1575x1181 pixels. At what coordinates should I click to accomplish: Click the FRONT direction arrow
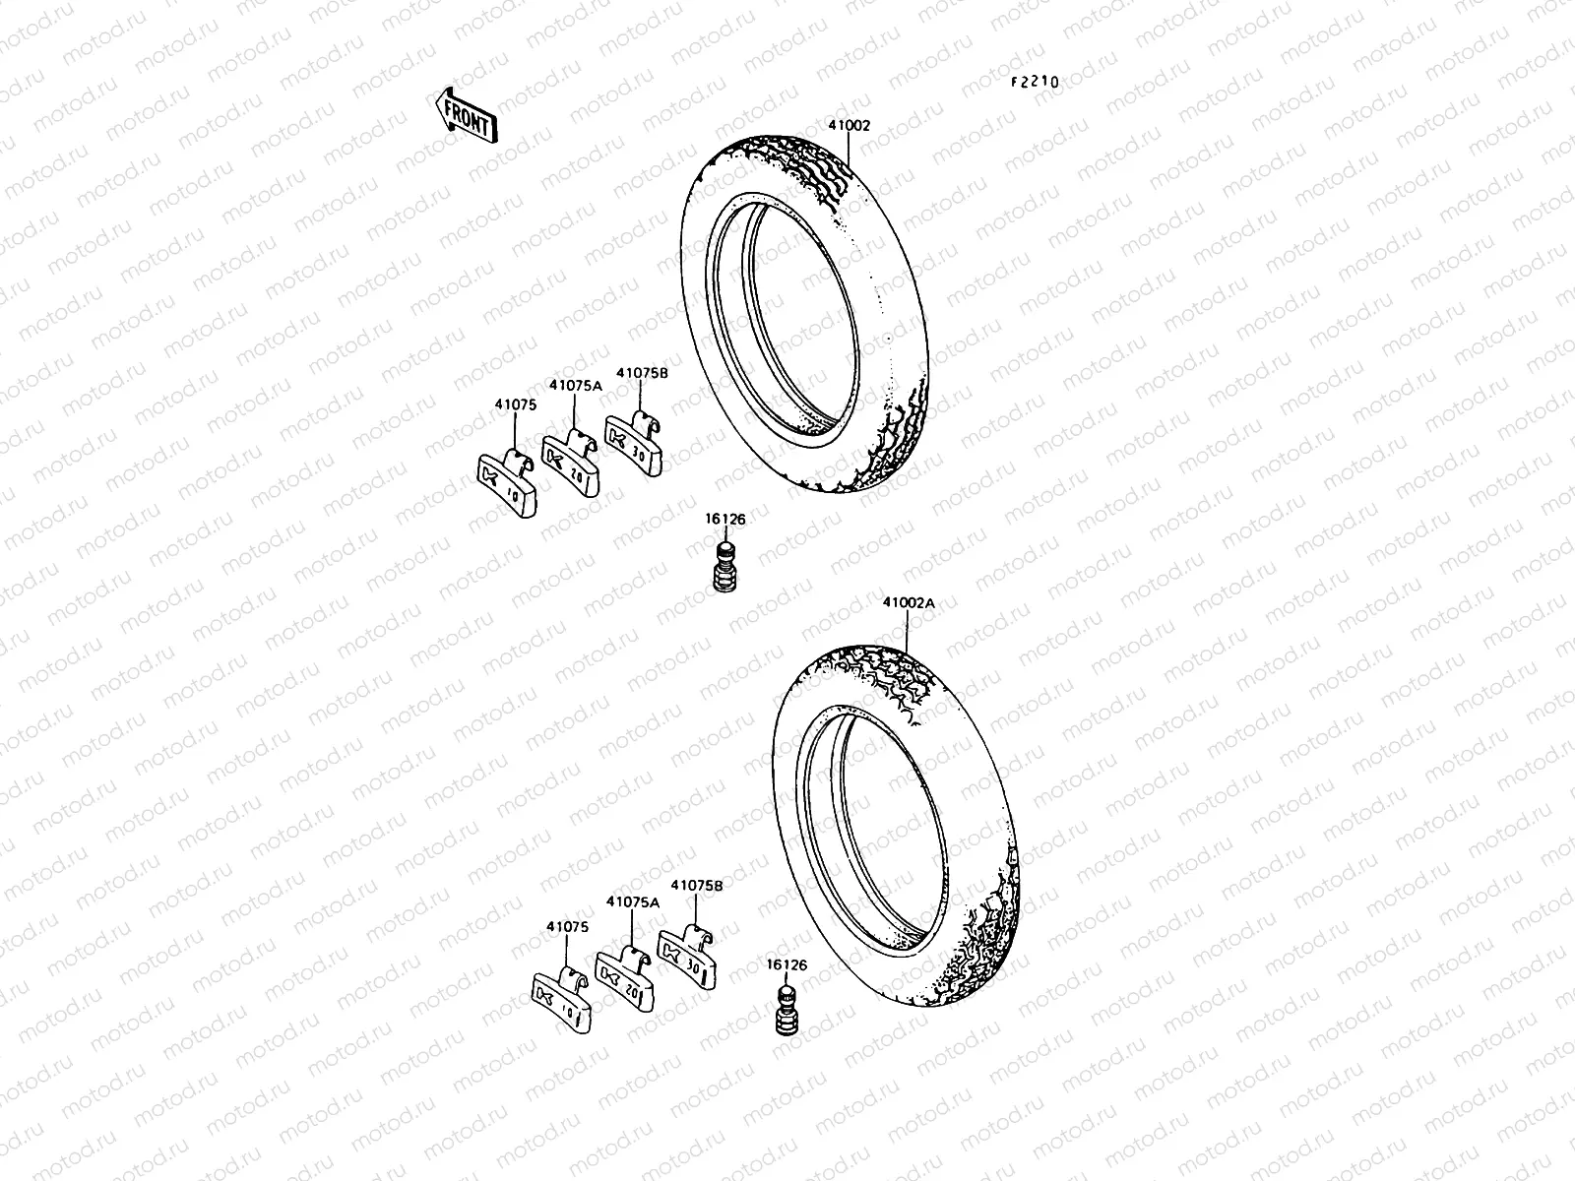(x=466, y=114)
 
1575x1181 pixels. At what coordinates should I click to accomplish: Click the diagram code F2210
(x=1034, y=83)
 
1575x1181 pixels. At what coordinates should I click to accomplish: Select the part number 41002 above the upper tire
(x=849, y=126)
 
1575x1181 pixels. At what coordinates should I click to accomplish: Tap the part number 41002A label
(x=908, y=602)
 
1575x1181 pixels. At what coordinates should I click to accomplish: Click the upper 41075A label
(x=576, y=387)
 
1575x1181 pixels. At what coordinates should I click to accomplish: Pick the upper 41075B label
(x=642, y=373)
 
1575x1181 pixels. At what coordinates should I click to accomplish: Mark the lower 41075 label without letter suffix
(x=567, y=926)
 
